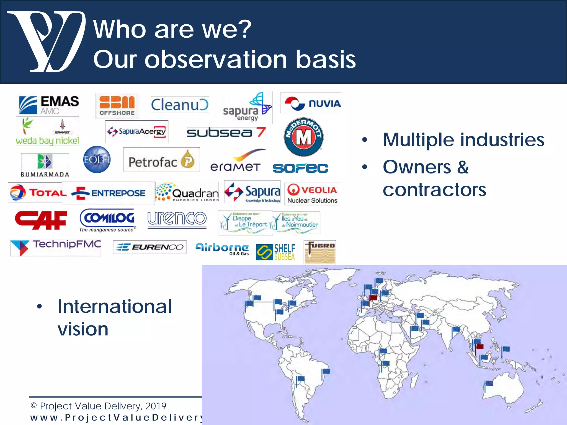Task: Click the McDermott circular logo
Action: pos(303,137)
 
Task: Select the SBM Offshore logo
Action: pos(117,105)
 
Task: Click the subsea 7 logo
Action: pos(226,132)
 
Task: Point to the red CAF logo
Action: pos(41,220)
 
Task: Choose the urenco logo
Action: pos(177,219)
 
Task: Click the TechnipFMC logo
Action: pos(56,247)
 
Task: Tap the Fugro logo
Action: pos(320,252)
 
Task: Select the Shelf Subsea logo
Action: pos(275,252)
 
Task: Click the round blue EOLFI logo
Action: pos(97,159)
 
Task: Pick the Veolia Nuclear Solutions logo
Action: pos(312,194)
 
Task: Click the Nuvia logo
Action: pos(311,103)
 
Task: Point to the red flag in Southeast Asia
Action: pos(480,346)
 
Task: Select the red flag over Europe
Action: pos(373,298)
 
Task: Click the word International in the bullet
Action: pos(115,307)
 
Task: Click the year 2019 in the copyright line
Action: pos(156,406)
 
